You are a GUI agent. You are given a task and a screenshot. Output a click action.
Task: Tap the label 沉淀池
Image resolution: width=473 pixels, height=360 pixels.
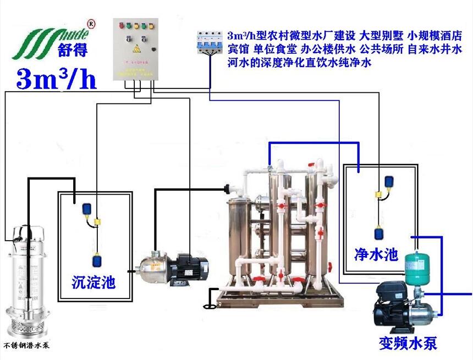pos(94,283)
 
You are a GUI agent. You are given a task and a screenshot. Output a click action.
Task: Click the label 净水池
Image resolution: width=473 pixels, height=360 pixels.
pos(376,254)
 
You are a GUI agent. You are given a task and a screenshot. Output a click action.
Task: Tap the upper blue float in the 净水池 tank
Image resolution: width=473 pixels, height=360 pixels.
pos(389,180)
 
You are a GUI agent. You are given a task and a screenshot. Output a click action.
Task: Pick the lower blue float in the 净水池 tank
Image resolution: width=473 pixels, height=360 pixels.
pos(380,233)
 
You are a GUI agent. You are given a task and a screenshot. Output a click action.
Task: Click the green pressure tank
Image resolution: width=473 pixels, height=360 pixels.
pos(416,267)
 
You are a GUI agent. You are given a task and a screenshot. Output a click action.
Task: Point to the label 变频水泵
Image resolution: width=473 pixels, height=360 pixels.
pos(408,343)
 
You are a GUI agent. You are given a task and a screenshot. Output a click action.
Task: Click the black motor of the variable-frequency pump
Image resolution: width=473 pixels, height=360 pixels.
pos(390,305)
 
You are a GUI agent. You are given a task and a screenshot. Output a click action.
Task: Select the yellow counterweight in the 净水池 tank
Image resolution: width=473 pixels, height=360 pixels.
pos(379,193)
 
